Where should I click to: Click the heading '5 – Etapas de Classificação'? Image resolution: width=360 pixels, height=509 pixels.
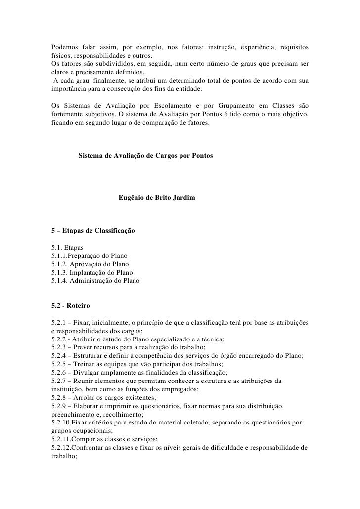93,231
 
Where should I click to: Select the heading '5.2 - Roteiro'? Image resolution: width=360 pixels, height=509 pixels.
71,307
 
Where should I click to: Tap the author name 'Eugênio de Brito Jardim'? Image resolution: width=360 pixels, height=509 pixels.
157,198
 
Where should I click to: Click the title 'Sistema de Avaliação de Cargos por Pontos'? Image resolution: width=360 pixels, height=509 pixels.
146,156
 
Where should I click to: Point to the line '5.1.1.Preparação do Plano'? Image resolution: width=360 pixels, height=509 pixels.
90,256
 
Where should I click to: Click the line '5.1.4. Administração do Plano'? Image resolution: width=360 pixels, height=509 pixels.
95,281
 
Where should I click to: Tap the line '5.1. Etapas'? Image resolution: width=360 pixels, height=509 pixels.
67,248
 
